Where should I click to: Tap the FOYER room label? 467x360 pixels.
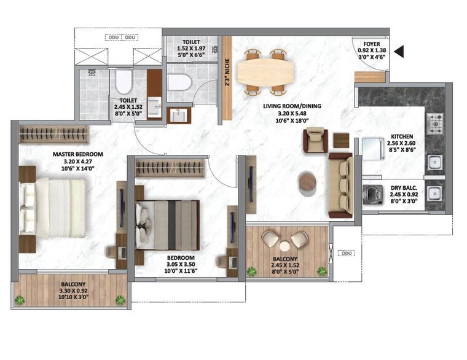[371, 44]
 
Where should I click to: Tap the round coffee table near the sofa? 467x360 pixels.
[307, 182]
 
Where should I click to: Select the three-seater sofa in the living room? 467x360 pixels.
[340, 184]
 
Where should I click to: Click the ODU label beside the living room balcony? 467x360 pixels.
[346, 252]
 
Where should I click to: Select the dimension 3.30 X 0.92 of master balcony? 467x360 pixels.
[73, 291]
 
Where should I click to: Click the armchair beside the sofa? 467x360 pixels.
[316, 141]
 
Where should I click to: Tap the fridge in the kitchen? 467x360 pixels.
[374, 148]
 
